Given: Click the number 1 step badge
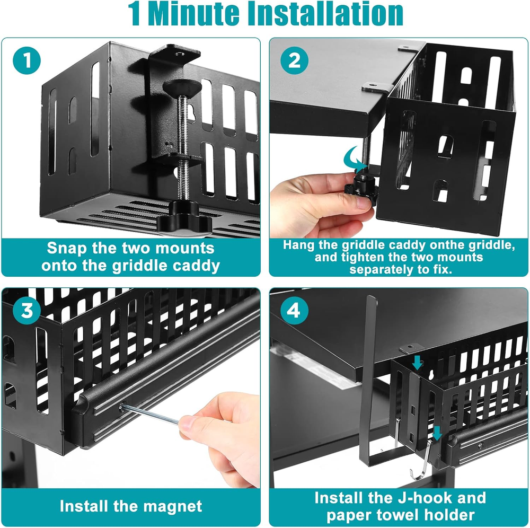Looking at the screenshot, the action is (x=26, y=61).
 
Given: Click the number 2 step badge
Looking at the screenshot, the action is (x=294, y=61).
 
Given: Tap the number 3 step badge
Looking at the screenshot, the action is (x=26, y=311).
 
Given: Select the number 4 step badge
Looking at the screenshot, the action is (x=294, y=311).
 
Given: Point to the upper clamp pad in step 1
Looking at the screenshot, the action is (x=182, y=88).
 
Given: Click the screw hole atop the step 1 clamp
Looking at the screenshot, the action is (x=178, y=54).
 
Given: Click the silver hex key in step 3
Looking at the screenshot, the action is (x=150, y=413).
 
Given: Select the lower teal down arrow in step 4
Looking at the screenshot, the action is (x=437, y=433).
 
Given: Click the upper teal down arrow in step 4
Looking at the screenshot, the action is (x=418, y=362).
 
